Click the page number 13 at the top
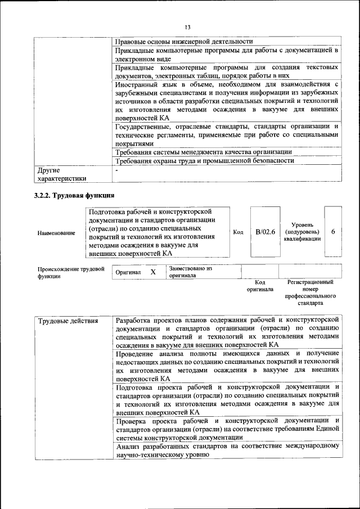point(188,26)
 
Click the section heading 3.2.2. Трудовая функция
point(75,195)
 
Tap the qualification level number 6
point(333,232)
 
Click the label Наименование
point(56,232)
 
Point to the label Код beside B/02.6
point(238,232)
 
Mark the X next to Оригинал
point(152,272)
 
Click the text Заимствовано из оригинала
point(190,272)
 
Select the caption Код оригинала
point(260,286)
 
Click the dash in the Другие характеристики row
point(117,169)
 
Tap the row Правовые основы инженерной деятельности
point(183,41)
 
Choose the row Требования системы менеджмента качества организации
point(203,152)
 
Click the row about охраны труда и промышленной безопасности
point(204,160)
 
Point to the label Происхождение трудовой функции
point(71,272)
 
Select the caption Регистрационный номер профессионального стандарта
point(310,292)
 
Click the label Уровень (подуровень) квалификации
point(302,232)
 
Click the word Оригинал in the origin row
point(128,272)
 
